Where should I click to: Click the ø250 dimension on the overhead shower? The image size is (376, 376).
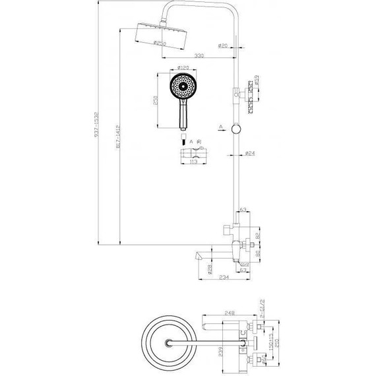coord(159,44)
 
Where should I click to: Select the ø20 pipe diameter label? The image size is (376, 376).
coord(222,46)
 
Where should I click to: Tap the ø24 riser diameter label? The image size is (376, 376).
coord(249,154)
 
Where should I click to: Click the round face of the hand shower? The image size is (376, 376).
coord(183,86)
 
